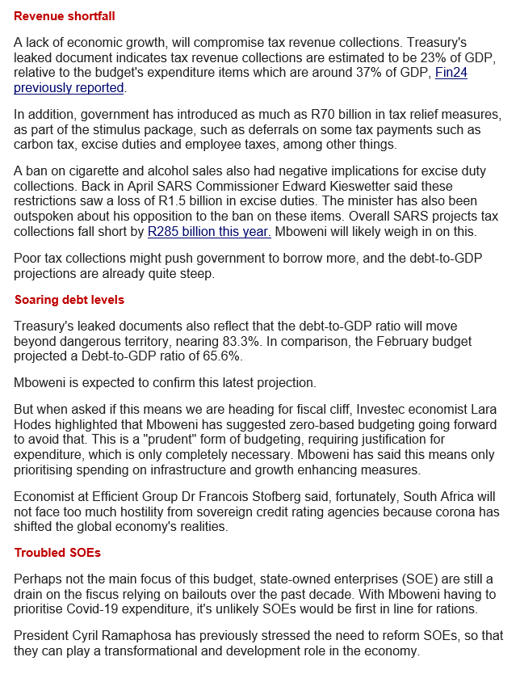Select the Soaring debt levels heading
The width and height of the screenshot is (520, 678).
(x=69, y=300)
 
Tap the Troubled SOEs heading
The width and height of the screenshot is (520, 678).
(x=58, y=553)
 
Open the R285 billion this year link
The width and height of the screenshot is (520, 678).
(x=209, y=232)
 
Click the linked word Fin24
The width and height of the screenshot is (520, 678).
(x=451, y=72)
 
